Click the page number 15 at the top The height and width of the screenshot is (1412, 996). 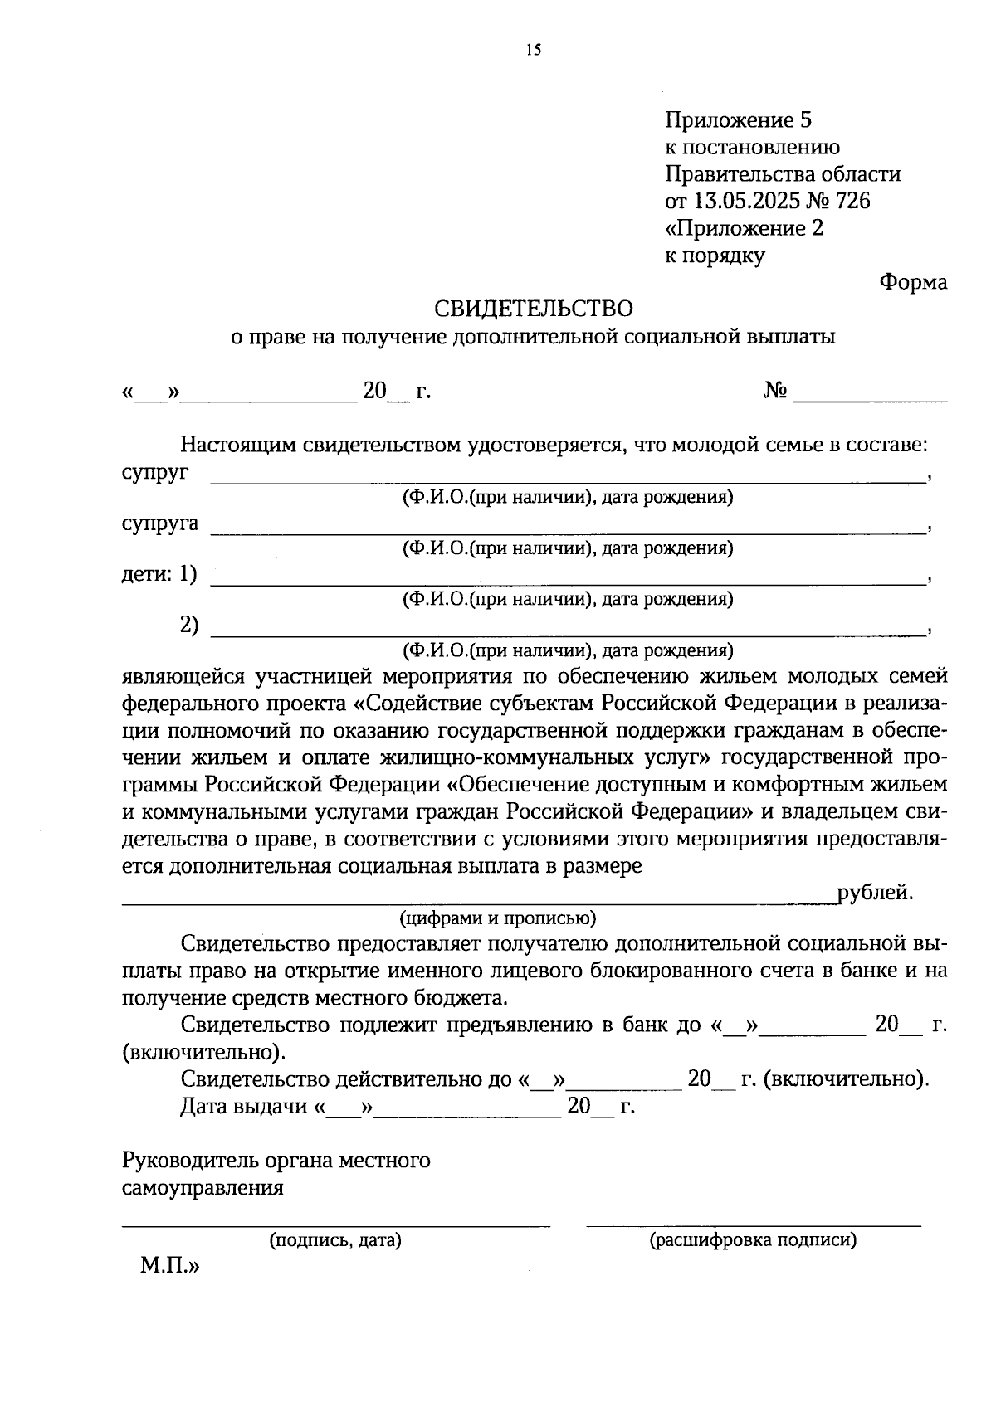click(533, 51)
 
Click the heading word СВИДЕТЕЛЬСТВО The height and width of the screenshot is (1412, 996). click(534, 309)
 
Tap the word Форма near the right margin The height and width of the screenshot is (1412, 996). click(913, 282)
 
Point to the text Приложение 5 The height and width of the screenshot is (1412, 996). click(738, 120)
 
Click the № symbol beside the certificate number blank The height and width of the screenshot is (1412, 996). click(775, 391)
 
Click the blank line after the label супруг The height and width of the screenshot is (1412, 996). click(568, 479)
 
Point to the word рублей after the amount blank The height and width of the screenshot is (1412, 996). click(875, 893)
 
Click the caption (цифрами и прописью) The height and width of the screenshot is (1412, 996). click(498, 918)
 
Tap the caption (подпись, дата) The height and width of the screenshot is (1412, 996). click(334, 1240)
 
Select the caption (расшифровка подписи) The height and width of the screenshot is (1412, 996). click(753, 1240)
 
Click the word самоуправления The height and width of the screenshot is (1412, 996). click(203, 1187)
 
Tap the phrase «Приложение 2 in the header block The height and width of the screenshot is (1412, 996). click(745, 228)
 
